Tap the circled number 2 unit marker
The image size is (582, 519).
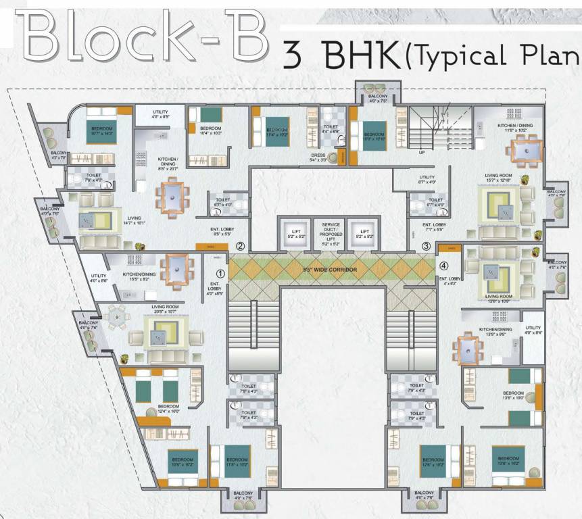[241, 247]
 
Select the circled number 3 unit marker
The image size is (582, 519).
[426, 247]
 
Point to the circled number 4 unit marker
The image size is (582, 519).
[444, 265]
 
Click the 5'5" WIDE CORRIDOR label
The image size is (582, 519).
[331, 270]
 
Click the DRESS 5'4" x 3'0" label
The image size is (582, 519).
[318, 157]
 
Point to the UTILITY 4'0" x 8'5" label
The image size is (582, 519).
[160, 114]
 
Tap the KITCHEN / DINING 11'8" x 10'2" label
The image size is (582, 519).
[516, 127]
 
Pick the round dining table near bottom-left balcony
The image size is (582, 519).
[117, 315]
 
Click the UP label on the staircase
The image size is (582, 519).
[422, 153]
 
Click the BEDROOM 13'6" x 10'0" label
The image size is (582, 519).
[513, 395]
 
